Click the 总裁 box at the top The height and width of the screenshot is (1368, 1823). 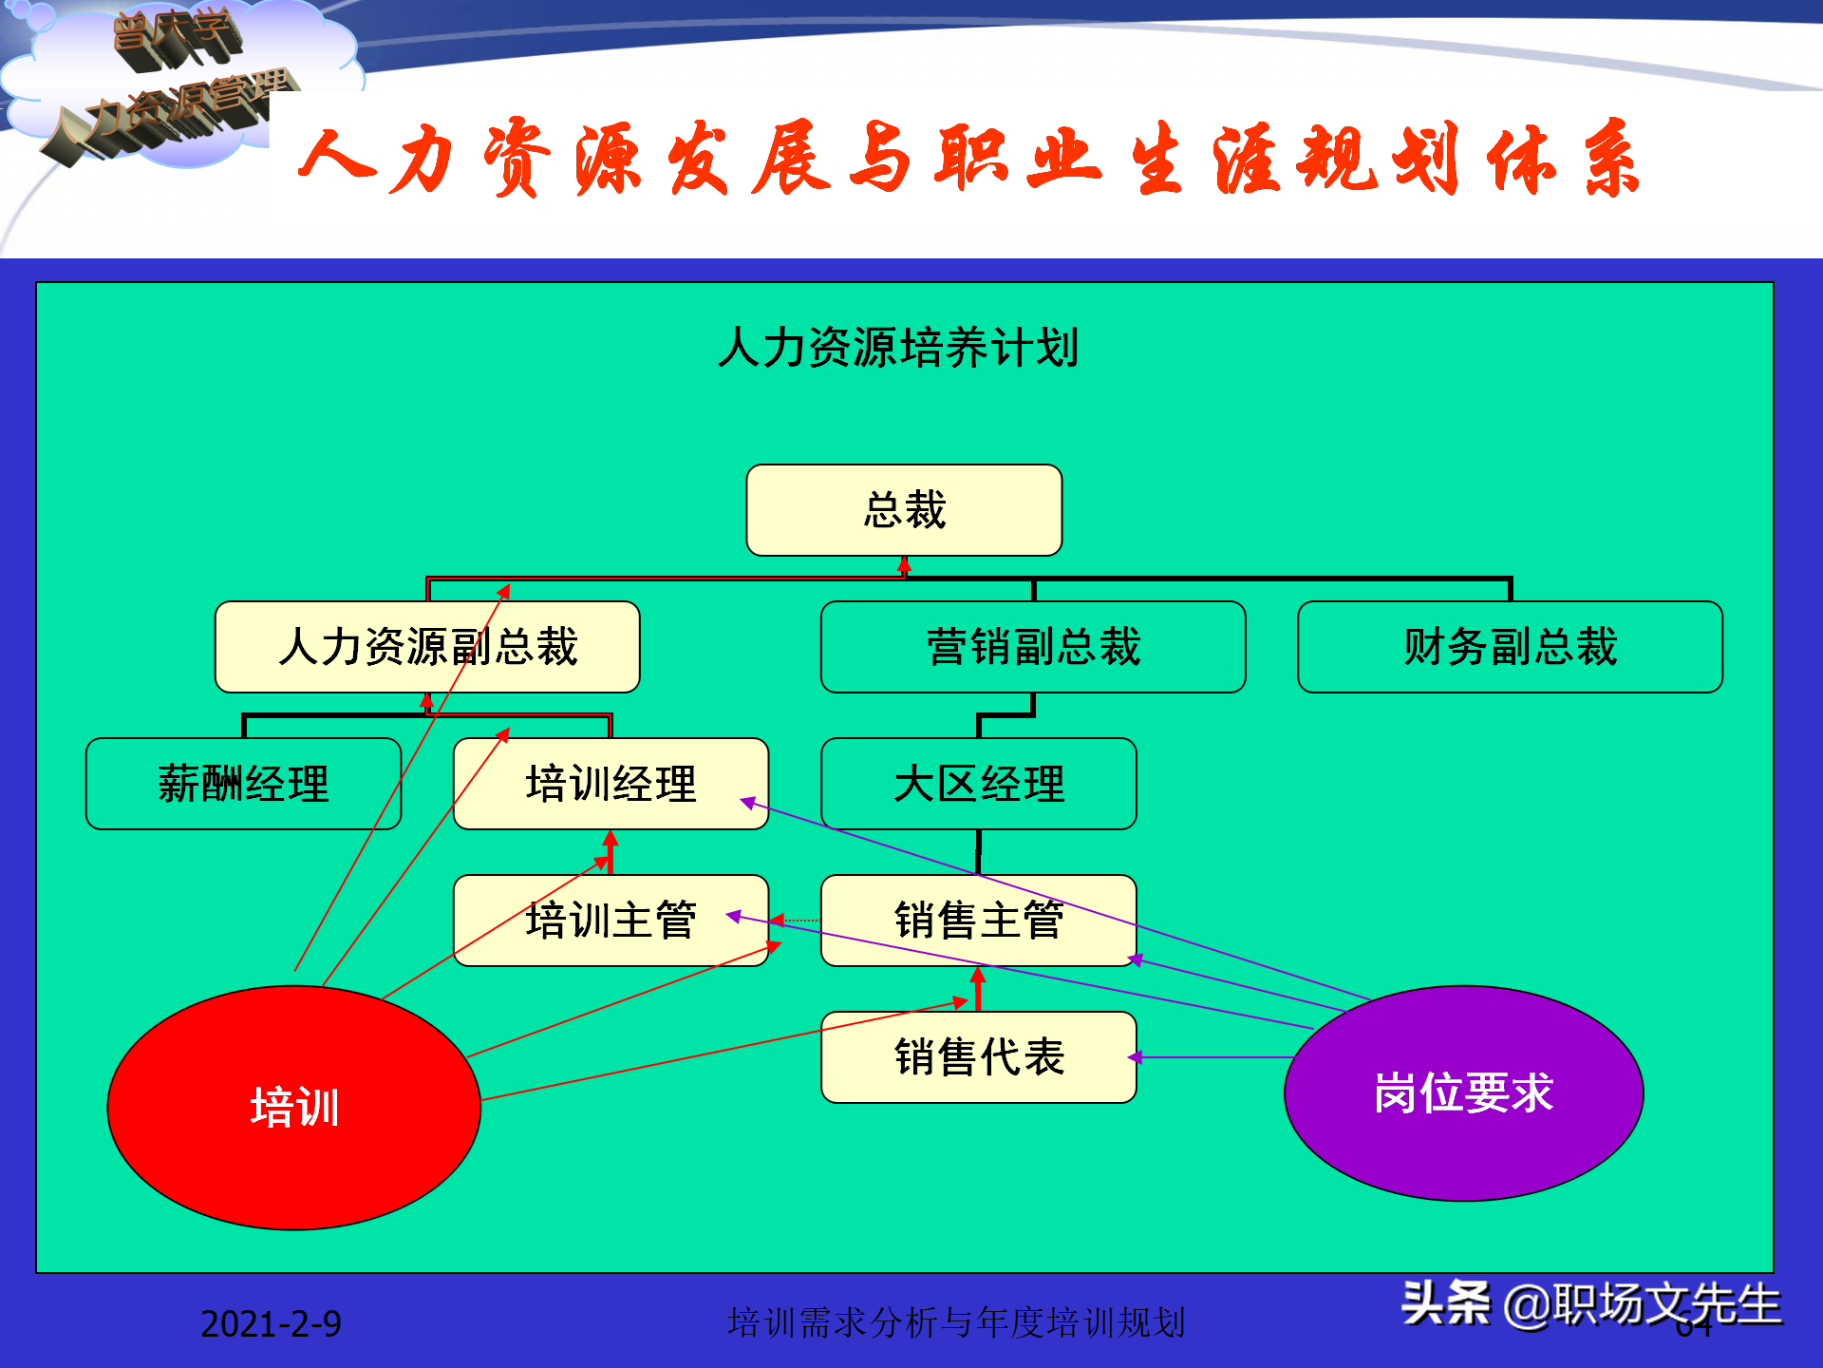[x=904, y=510]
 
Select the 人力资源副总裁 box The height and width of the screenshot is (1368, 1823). [x=427, y=647]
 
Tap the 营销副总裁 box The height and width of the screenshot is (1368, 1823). [x=1033, y=647]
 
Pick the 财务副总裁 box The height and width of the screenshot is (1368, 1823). [x=1510, y=647]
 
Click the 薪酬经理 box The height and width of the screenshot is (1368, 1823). [x=243, y=784]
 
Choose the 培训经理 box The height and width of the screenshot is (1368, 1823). [x=611, y=784]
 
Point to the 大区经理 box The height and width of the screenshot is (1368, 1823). [x=978, y=784]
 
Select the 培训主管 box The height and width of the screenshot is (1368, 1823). [x=611, y=921]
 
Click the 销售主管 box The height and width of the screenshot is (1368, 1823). [x=978, y=921]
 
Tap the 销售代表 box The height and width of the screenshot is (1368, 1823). [x=978, y=1057]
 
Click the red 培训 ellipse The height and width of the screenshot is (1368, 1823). [x=294, y=1108]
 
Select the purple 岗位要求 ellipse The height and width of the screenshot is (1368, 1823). [x=1463, y=1092]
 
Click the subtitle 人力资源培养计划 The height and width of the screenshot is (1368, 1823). [x=898, y=348]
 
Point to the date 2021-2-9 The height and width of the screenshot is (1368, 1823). [x=271, y=1323]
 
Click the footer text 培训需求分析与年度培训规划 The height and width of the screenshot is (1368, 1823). [x=956, y=1322]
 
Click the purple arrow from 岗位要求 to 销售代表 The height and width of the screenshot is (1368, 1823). [x=1215, y=1057]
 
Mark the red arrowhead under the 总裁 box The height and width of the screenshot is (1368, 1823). [x=905, y=565]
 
